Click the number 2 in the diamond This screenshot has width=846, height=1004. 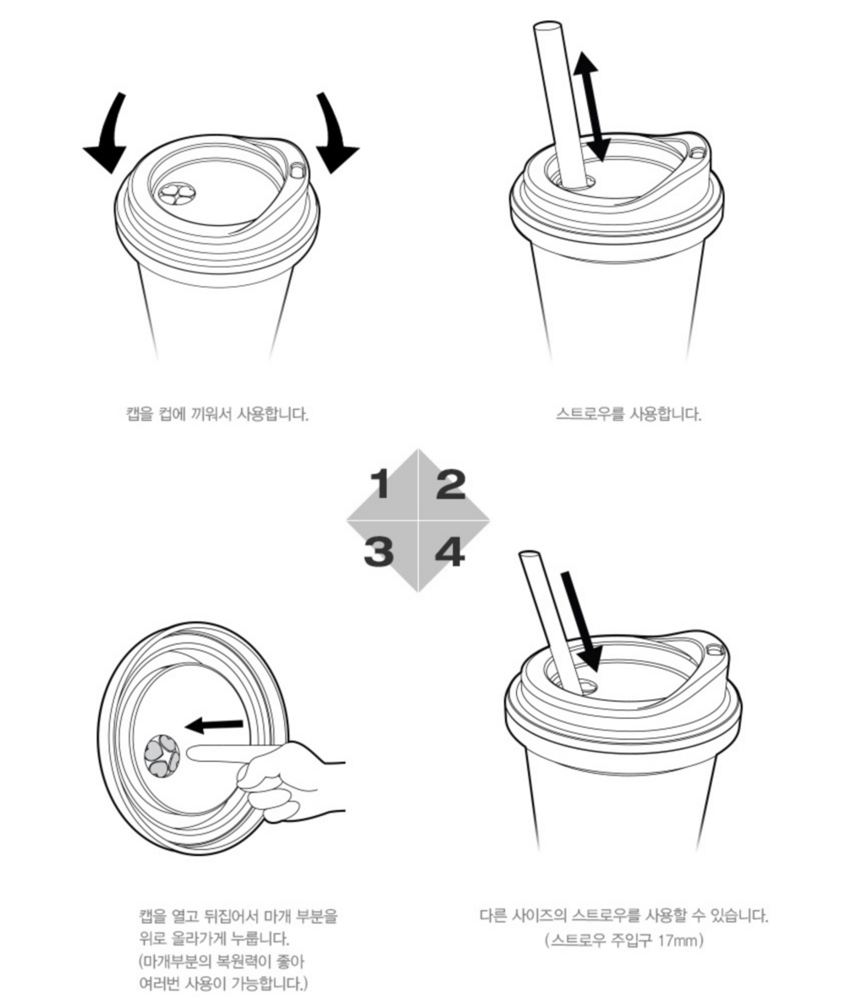(451, 484)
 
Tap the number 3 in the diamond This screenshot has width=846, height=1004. (379, 551)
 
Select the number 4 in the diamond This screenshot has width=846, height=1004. (450, 551)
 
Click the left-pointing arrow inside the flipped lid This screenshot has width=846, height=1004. (214, 725)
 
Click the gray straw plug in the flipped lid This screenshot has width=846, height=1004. (162, 756)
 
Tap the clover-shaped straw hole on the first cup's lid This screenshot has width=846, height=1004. (175, 193)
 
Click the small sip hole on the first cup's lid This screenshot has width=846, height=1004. (297, 170)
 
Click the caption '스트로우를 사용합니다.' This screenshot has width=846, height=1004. (629, 414)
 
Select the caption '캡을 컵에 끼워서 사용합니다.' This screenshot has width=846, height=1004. (217, 414)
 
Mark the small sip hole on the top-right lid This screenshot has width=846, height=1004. (698, 152)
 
